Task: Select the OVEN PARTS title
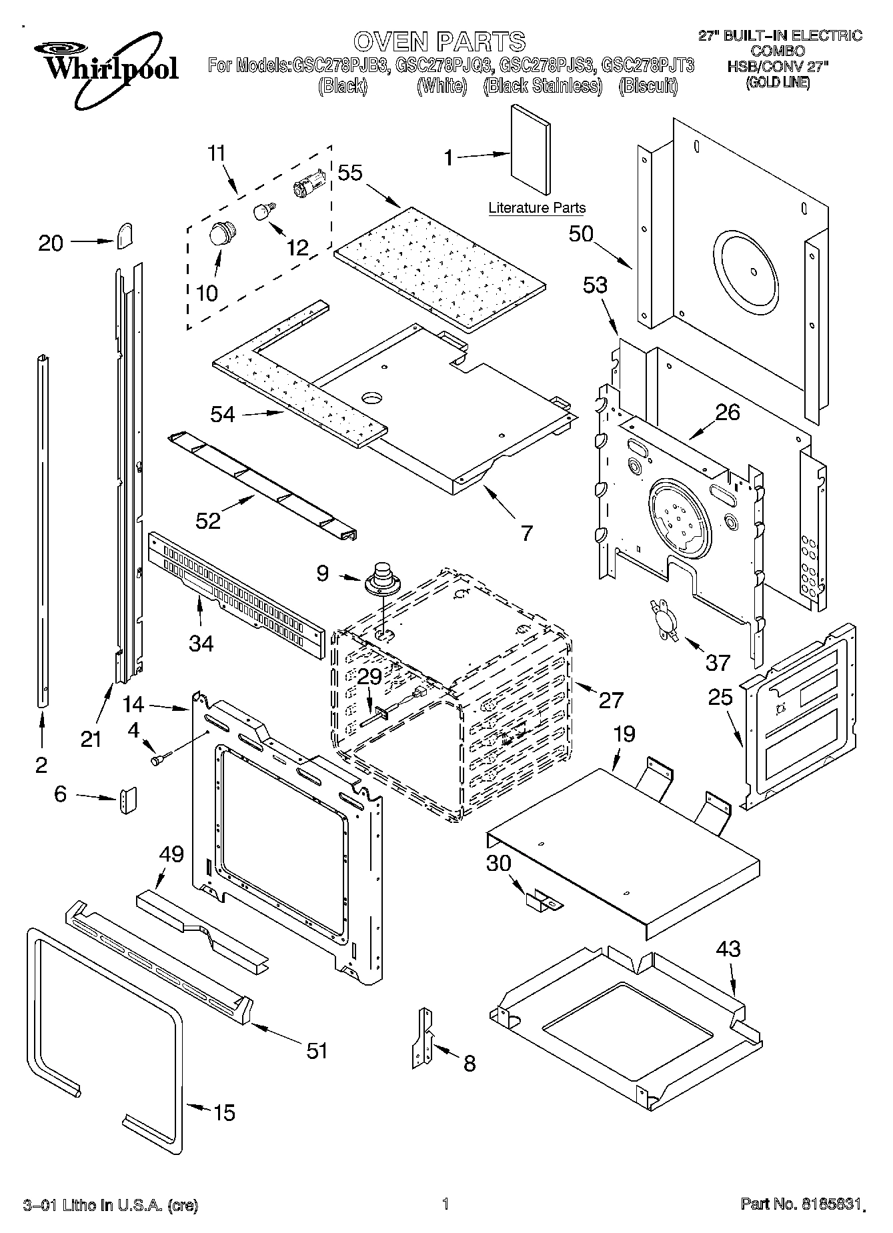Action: tap(439, 41)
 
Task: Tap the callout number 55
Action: tap(349, 173)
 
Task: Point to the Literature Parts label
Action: tap(536, 208)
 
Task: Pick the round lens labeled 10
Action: tap(220, 234)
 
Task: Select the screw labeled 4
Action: tap(160, 758)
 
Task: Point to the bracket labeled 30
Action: tap(543, 902)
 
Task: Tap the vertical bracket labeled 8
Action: tap(422, 1040)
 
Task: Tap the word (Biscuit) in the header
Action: tap(648, 86)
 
